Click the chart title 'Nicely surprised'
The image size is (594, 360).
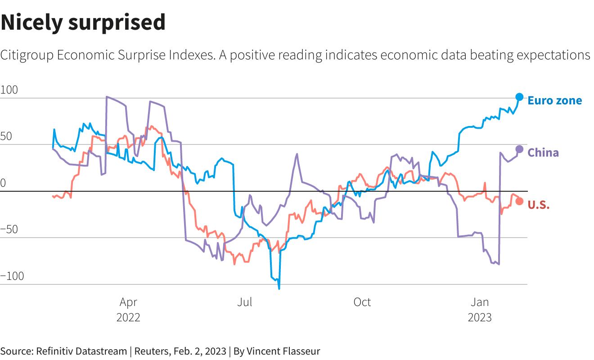(x=83, y=22)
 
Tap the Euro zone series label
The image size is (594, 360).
(x=554, y=100)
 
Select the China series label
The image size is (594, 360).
(x=543, y=153)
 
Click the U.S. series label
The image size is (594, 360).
(x=538, y=205)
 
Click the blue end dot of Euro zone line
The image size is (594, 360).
(x=519, y=97)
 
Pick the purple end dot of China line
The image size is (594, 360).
(x=519, y=149)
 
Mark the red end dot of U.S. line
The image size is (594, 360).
(x=519, y=201)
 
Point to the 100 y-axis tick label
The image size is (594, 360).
(x=9, y=90)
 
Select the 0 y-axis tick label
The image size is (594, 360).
(x=3, y=183)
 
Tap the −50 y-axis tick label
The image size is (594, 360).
(x=9, y=229)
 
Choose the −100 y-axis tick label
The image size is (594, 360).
(x=12, y=276)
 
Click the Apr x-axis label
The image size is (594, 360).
(x=128, y=302)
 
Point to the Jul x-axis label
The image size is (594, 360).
(x=245, y=302)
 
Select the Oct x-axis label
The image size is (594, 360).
(x=362, y=302)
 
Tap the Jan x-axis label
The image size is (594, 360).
(x=479, y=302)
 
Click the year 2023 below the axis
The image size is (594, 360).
(x=479, y=317)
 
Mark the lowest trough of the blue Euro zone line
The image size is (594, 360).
(x=279, y=288)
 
